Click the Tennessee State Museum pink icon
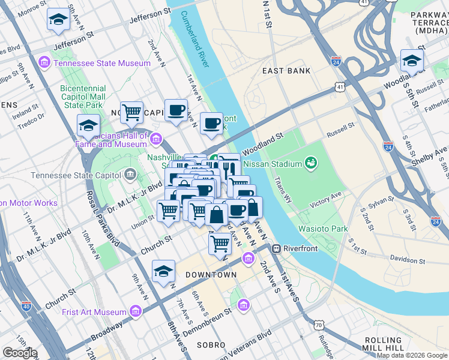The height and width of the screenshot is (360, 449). (x=44, y=63)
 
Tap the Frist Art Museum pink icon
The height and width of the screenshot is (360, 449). (x=135, y=312)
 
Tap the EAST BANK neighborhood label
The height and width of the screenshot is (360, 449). (x=286, y=71)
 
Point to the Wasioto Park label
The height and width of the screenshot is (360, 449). (x=323, y=229)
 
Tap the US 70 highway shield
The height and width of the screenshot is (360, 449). (x=318, y=325)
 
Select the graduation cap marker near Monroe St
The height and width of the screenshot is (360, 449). (x=58, y=20)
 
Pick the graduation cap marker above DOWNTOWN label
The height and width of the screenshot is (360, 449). (x=163, y=272)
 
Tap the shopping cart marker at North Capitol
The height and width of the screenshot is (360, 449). (x=131, y=112)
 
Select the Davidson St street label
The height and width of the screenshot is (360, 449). (x=407, y=261)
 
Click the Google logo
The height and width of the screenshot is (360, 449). (x=20, y=353)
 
